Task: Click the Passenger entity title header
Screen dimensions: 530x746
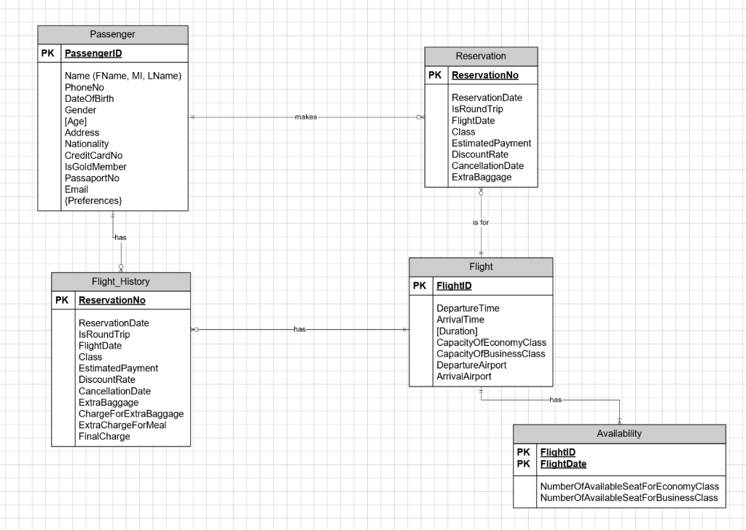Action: [112, 34]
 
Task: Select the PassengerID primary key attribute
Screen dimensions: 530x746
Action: [93, 53]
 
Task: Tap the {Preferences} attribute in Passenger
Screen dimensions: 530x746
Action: [93, 200]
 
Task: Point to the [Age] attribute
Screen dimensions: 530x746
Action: [75, 122]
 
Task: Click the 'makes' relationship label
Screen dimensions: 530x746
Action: [306, 117]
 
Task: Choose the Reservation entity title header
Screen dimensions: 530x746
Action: [480, 56]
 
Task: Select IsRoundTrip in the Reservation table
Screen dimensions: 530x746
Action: [477, 109]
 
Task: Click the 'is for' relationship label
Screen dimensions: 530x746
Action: [481, 222]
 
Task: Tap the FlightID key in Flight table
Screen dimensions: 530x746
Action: [454, 286]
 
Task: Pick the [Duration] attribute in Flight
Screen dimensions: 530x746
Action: [458, 331]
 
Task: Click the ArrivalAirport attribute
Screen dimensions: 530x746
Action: [463, 376]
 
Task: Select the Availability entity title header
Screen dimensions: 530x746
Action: [619, 433]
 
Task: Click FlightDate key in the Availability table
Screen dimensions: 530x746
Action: [563, 464]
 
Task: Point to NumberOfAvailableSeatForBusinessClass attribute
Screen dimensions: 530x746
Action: [629, 498]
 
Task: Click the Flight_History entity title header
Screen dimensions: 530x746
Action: [121, 282]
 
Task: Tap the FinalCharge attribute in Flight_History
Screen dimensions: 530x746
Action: [104, 436]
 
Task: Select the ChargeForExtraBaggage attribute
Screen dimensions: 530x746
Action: [131, 414]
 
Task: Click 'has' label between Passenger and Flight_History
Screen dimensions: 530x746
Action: [120, 237]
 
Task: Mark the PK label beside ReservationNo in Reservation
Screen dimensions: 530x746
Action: [435, 75]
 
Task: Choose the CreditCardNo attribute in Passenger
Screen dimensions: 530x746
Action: [93, 155]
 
